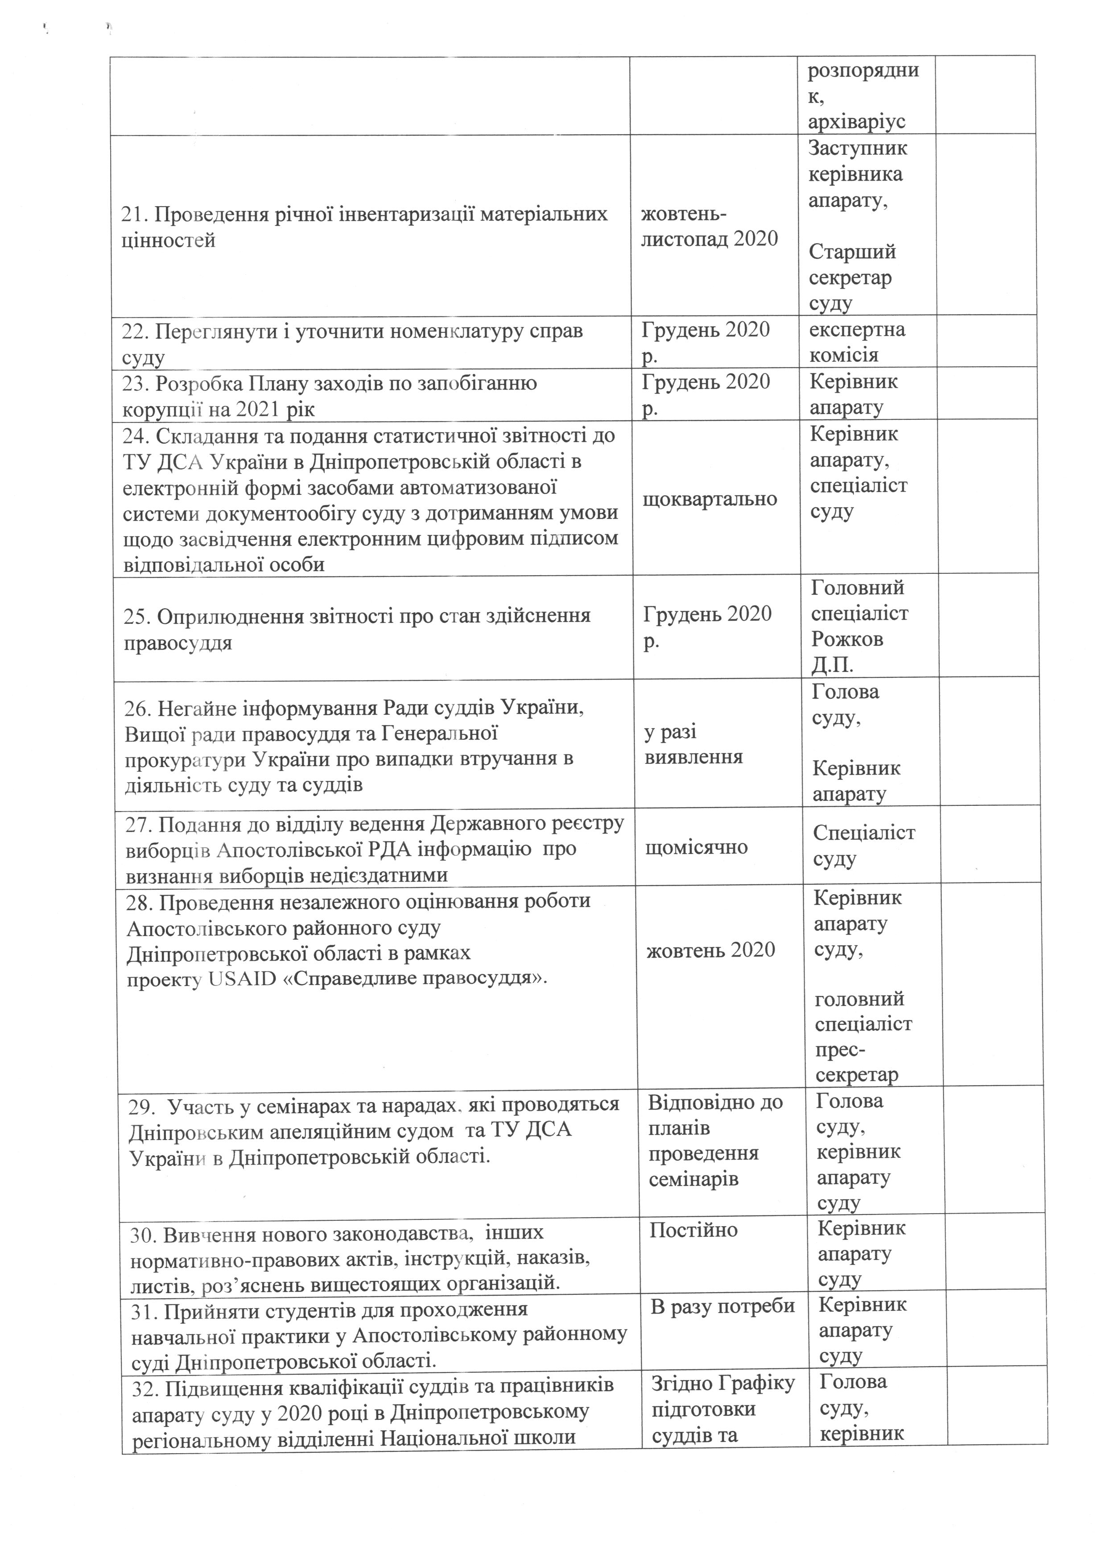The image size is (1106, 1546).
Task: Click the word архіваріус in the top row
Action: pos(856,122)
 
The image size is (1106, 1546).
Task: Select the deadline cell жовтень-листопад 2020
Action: pos(708,227)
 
